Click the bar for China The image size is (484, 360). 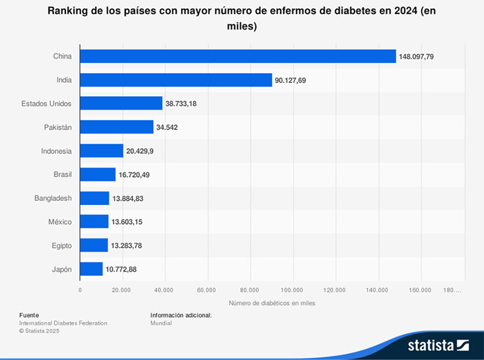click(x=238, y=56)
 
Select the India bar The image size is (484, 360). click(x=176, y=80)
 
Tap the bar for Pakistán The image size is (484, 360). click(x=117, y=127)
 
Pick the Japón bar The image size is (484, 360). click(x=91, y=269)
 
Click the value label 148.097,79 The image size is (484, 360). click(x=416, y=56)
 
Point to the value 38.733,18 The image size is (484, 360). click(x=181, y=103)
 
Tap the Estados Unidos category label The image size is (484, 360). click(x=46, y=103)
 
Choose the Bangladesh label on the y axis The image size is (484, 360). click(x=53, y=198)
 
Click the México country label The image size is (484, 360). click(x=60, y=222)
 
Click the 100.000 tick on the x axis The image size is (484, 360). click(x=292, y=290)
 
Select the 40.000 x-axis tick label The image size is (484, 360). click(x=165, y=290)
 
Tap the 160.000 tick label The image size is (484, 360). click(x=420, y=290)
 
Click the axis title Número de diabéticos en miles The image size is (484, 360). click(x=272, y=303)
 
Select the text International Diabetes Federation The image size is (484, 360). click(x=63, y=323)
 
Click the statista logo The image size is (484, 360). click(x=439, y=346)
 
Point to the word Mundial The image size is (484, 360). click(x=161, y=323)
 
